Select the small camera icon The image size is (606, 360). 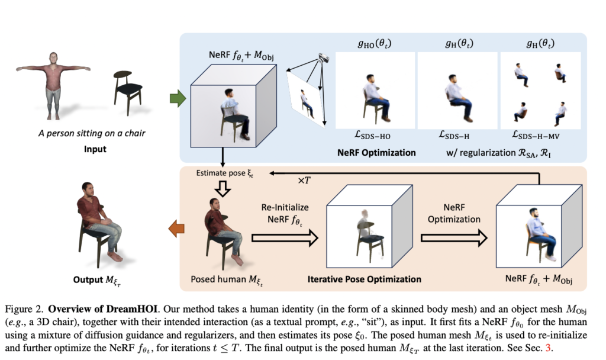323,57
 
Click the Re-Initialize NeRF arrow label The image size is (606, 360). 285,214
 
